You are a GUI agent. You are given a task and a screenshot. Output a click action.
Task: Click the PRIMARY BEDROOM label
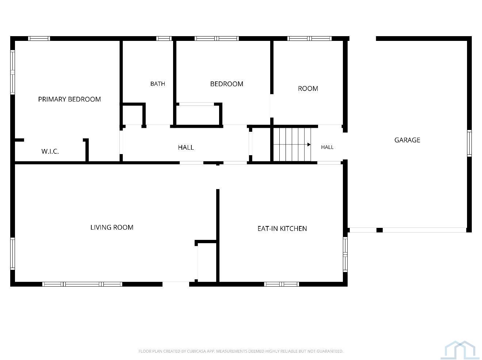[x=69, y=99]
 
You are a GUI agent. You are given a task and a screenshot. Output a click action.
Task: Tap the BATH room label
[x=158, y=84]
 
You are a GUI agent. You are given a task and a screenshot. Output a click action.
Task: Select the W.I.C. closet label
[x=50, y=151]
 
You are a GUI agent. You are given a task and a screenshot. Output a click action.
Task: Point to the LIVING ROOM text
[x=112, y=227]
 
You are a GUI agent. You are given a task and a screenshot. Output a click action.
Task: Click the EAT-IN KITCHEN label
[x=282, y=229]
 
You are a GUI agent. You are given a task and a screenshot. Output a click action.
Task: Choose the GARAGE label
[x=408, y=140]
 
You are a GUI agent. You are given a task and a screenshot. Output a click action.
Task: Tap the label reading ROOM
[x=308, y=88]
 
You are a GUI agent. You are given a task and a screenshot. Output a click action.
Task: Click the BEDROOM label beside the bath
[x=227, y=84]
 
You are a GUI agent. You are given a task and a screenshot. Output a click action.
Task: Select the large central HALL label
[x=186, y=147]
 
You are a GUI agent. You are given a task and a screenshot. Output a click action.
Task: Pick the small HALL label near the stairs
[x=327, y=147]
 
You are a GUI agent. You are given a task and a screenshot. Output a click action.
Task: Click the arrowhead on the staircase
[x=309, y=145]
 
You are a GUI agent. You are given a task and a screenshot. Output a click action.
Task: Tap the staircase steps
[x=292, y=145]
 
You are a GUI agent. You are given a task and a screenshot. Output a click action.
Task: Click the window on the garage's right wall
[x=469, y=143]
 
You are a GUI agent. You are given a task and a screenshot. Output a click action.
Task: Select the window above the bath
[x=164, y=38]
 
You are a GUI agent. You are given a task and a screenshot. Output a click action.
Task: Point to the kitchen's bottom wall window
[x=281, y=284]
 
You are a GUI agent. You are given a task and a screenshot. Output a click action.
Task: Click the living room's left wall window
[x=12, y=253]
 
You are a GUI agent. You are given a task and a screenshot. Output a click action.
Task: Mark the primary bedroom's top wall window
[x=39, y=38]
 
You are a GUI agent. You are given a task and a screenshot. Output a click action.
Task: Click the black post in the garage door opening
[x=379, y=230]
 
